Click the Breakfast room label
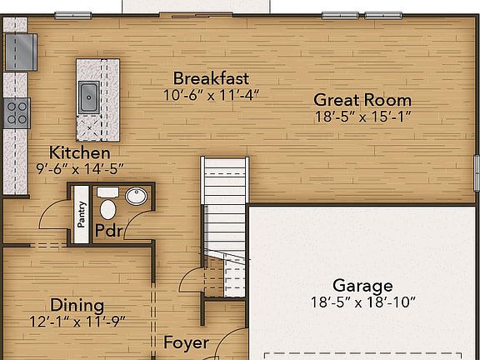tap(211, 78)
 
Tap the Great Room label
tap(362, 100)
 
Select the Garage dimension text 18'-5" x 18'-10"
tap(362, 301)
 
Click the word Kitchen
tap(79, 153)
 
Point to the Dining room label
tap(77, 305)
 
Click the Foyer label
tap(186, 342)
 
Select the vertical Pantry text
tap(82, 214)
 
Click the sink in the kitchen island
tap(88, 97)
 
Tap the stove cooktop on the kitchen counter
tap(17, 112)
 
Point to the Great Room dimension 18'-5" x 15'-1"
tap(362, 117)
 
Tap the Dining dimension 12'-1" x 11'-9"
tap(77, 321)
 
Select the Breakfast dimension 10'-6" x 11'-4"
tap(211, 94)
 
